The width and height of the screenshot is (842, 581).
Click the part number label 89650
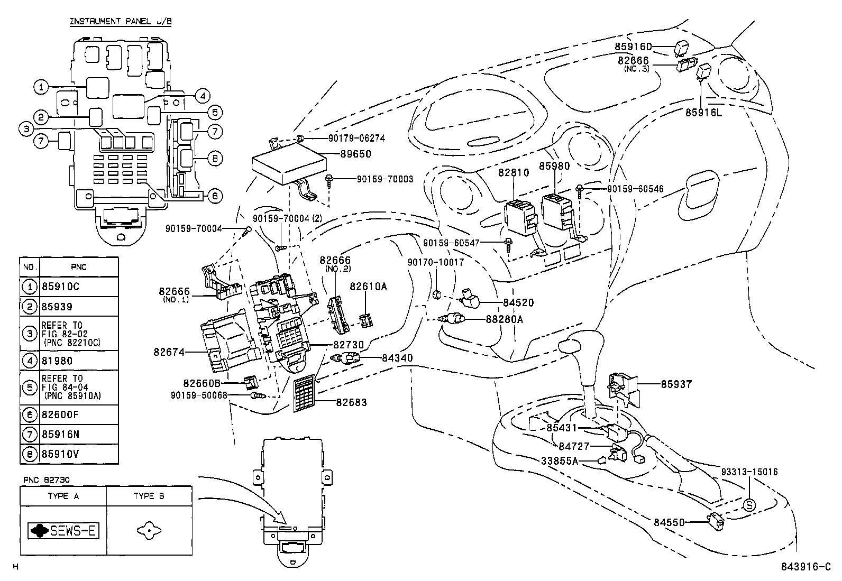click(356, 154)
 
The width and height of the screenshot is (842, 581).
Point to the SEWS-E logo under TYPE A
click(63, 531)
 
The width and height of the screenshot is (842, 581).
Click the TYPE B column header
click(149, 496)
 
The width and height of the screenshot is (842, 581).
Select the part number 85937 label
click(676, 384)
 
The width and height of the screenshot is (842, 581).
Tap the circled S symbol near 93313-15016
click(749, 505)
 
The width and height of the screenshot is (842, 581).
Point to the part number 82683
click(351, 402)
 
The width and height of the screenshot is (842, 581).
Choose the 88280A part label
click(505, 319)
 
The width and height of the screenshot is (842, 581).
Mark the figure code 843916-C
click(806, 567)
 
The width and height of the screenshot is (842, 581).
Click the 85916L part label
click(703, 112)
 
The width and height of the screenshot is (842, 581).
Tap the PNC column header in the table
click(78, 267)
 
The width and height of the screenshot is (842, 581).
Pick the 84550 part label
click(669, 522)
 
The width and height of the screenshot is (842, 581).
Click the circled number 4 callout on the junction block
click(202, 96)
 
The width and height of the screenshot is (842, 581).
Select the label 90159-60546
click(635, 189)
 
